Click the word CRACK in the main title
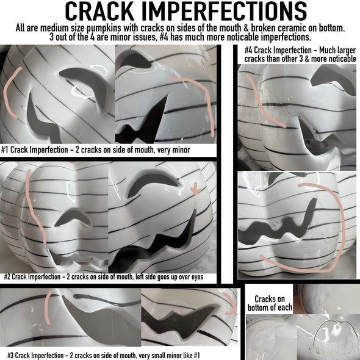pos(99,12)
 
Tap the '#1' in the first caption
pos(5,150)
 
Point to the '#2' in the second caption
pos(7,276)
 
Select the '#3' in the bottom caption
pos(10,355)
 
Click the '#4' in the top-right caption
pos(248,50)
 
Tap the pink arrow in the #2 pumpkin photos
pos(196,189)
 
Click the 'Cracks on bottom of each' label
pos(270,303)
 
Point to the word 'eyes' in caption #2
pos(198,277)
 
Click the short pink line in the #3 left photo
pos(47,308)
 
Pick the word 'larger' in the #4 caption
pos(347,50)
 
